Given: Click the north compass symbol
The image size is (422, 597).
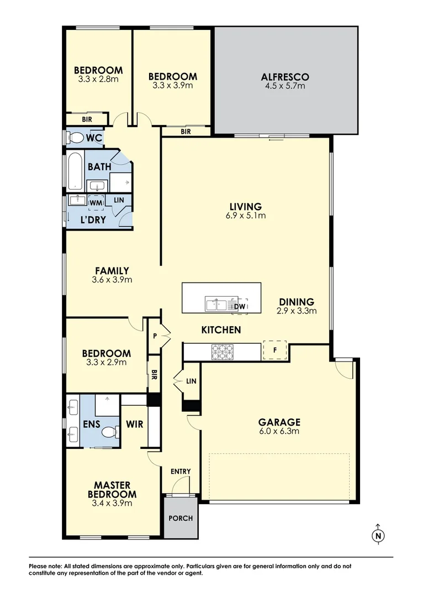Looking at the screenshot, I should tap(378, 534).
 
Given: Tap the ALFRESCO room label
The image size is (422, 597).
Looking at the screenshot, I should tap(285, 77).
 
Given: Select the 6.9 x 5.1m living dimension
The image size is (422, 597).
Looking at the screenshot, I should tap(247, 216).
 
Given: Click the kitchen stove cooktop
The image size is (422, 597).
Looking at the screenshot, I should tap(221, 351).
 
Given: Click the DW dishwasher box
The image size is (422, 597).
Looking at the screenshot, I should tap(240, 306).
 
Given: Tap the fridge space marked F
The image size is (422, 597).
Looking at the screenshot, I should tap(275, 350).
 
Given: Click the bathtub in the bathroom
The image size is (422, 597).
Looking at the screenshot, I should tap(75, 170).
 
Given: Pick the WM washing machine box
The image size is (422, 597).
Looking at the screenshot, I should tap(96, 203).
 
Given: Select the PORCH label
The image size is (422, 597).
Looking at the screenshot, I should tap(181, 518).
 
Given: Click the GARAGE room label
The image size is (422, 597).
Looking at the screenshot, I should tap(279, 422).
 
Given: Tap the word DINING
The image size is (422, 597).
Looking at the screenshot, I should tap(296, 302).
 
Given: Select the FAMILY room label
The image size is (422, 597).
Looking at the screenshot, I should tap(112, 271).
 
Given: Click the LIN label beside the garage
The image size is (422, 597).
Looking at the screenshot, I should tap(191, 381).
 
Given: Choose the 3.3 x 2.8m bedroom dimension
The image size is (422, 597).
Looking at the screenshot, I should tap(98, 79).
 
